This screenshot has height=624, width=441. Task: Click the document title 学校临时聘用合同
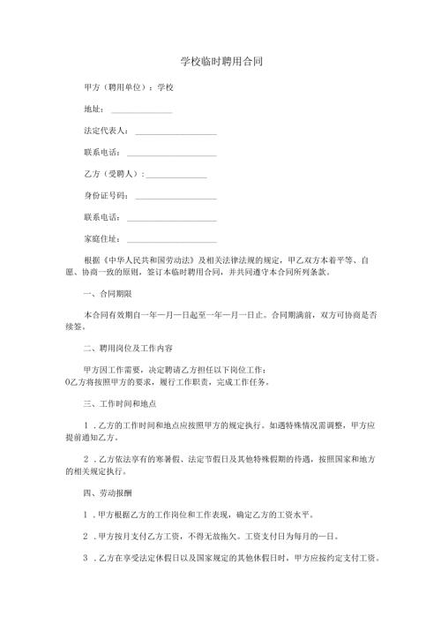pyautogui.click(x=220, y=63)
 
